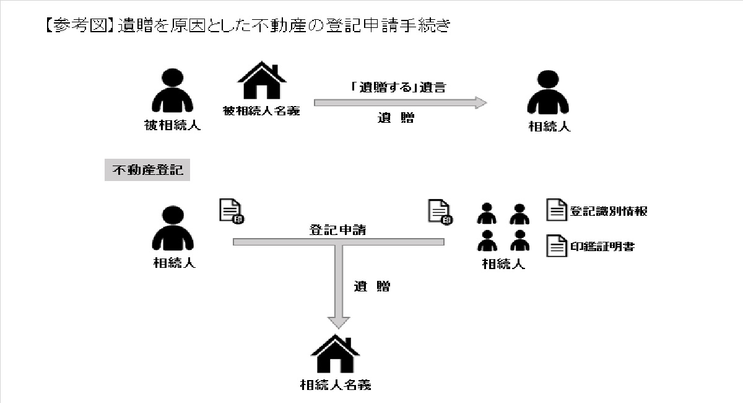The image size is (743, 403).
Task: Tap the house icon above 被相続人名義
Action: pyautogui.click(x=262, y=81)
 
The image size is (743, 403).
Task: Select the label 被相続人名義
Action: pyautogui.click(x=262, y=111)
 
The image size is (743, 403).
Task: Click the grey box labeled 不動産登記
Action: pyautogui.click(x=147, y=170)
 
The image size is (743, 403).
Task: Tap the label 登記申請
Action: pyautogui.click(x=338, y=229)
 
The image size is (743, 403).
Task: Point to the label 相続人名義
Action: pyautogui.click(x=335, y=384)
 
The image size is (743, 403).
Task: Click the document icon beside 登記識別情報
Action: pyautogui.click(x=555, y=210)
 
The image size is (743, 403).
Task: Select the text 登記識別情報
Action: pyautogui.click(x=609, y=211)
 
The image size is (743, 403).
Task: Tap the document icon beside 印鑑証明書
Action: pyautogui.click(x=555, y=246)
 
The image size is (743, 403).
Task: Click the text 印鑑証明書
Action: pyautogui.click(x=602, y=246)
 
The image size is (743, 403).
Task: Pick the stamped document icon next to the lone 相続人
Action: pyautogui.click(x=230, y=211)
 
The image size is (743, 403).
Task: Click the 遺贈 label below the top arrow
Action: pyautogui.click(x=396, y=118)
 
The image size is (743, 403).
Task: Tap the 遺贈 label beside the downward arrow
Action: pyautogui.click(x=372, y=286)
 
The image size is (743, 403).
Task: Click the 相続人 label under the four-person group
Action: pyautogui.click(x=503, y=263)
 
